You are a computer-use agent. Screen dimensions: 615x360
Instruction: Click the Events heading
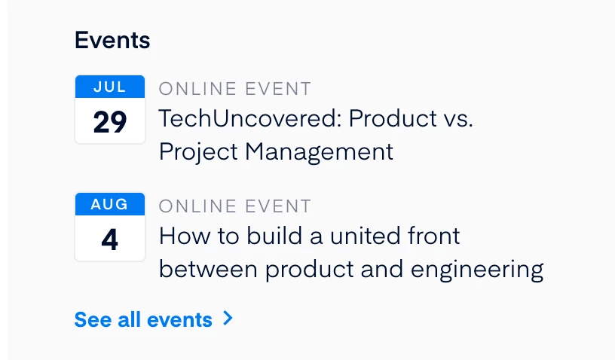(x=112, y=40)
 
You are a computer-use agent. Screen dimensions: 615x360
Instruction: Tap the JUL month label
(x=110, y=87)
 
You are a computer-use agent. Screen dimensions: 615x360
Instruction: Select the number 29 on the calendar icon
(x=110, y=122)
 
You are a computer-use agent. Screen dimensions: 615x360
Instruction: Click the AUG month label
(x=109, y=204)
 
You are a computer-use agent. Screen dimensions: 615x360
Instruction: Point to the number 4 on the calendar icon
(x=110, y=239)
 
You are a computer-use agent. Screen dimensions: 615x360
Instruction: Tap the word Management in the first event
(x=319, y=152)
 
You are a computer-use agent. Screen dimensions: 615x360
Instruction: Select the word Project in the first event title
(x=198, y=152)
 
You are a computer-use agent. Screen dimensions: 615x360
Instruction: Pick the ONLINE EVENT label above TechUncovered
(x=235, y=89)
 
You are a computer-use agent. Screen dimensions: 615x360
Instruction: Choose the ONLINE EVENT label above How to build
(x=235, y=206)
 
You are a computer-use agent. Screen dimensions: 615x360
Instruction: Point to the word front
(x=434, y=236)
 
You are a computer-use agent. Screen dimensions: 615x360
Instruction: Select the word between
(x=208, y=270)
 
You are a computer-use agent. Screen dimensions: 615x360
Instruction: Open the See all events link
(x=143, y=319)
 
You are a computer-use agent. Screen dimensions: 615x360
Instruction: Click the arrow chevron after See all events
(x=228, y=318)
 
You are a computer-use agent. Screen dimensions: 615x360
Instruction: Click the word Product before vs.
(x=393, y=118)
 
